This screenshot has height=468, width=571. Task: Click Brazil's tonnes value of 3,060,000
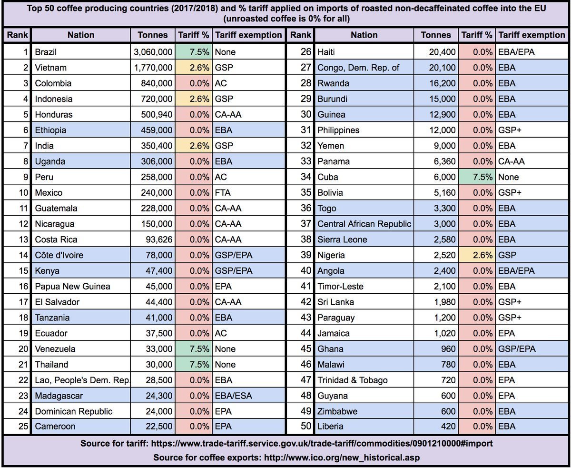[x=152, y=52]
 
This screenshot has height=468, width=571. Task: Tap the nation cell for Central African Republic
[x=364, y=224]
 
